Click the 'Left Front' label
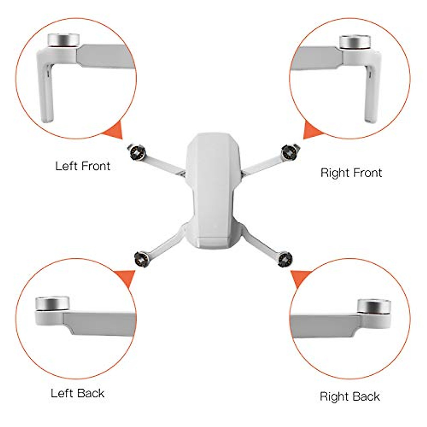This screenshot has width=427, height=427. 83,166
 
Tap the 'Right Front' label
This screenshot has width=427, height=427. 351,173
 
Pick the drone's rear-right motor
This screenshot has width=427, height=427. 285,257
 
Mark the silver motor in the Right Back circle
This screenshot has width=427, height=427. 374,306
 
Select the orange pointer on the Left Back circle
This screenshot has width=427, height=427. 125,277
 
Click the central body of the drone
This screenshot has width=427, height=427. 213,189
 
